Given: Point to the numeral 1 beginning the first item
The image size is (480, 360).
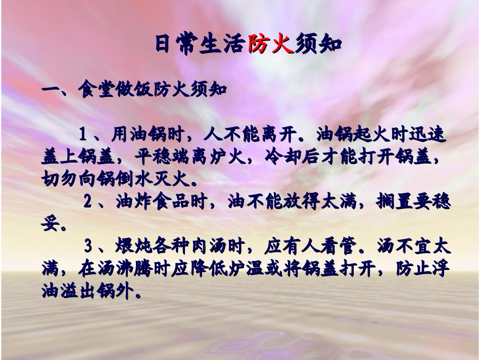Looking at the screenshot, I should tap(84, 135).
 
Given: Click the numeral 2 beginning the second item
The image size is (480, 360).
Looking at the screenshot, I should tap(87, 202).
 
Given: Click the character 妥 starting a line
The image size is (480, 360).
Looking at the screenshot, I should tap(50, 225).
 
